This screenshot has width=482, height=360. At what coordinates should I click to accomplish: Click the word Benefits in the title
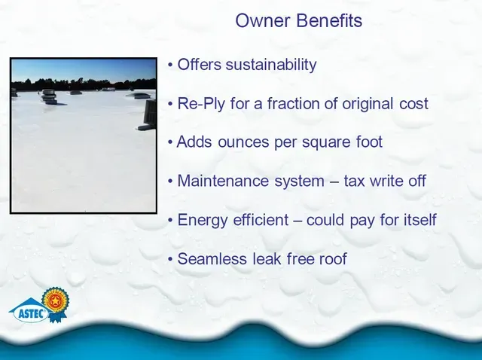(x=329, y=20)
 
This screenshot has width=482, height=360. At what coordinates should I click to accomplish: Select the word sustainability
(x=271, y=65)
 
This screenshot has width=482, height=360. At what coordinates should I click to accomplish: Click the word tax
(x=353, y=181)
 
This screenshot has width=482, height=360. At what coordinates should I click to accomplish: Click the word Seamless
(x=212, y=258)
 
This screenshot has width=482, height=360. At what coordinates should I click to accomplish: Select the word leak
(x=267, y=258)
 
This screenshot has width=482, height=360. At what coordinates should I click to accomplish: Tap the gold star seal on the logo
(x=56, y=300)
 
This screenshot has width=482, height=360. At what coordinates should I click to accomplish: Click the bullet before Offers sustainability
(x=171, y=66)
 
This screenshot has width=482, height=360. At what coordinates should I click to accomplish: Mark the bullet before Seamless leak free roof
(x=171, y=259)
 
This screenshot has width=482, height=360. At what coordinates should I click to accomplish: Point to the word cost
(x=413, y=104)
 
